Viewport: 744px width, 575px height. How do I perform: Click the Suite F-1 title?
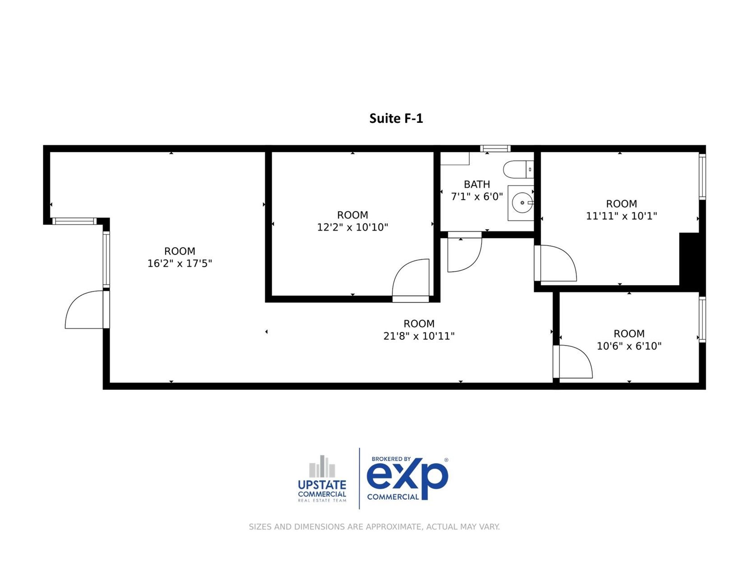(x=396, y=118)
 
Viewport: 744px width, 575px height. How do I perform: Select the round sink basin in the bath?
(x=522, y=203)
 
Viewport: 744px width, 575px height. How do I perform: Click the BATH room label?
(x=477, y=184)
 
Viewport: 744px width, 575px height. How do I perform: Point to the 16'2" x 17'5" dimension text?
(x=179, y=263)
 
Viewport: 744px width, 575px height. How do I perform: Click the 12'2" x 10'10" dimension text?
(x=352, y=227)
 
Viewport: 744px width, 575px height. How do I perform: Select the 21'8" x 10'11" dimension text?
(x=419, y=336)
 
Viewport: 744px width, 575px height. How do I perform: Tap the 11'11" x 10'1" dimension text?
(x=621, y=216)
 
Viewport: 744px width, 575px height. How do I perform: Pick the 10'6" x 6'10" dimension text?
(x=629, y=346)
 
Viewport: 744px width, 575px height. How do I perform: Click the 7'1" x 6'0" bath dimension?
(x=477, y=197)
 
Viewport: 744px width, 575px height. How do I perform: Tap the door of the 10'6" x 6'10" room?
(x=574, y=361)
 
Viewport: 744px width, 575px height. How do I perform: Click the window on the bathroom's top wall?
(x=495, y=148)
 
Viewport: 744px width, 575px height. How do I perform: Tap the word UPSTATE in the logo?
(x=322, y=485)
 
